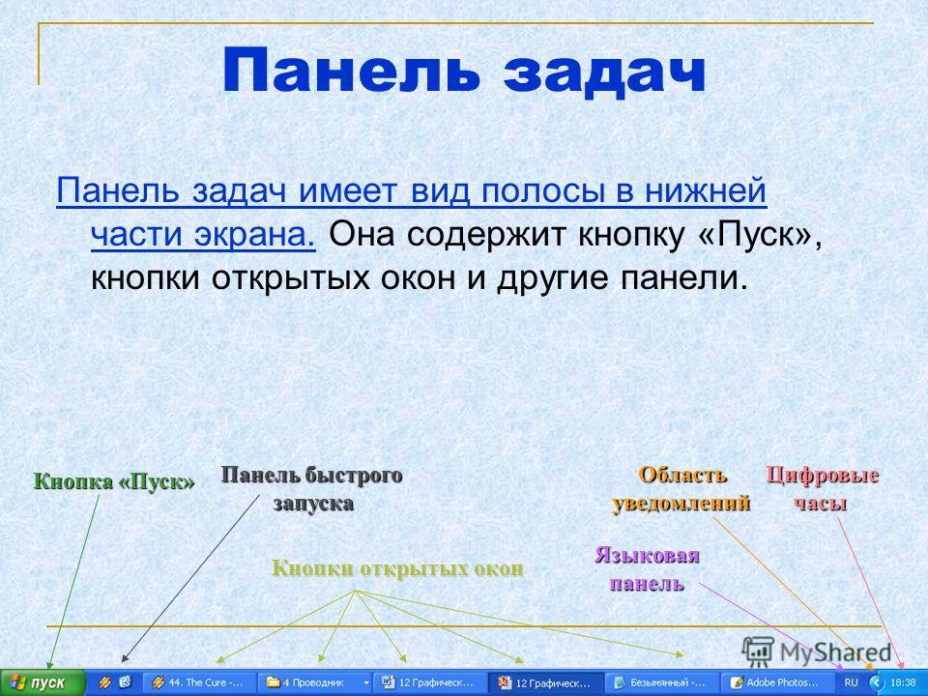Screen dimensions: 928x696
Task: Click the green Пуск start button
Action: click(43, 683)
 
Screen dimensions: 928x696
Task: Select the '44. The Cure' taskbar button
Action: click(200, 683)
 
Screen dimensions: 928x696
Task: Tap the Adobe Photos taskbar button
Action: click(777, 683)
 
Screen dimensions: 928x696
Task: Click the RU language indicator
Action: click(851, 683)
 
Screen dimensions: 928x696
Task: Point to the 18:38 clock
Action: click(903, 683)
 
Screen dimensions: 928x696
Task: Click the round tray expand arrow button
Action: click(877, 683)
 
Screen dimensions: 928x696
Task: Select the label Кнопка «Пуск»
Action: click(114, 481)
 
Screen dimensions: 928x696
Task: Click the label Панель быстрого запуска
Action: click(312, 489)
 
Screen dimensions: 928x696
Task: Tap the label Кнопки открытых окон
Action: click(397, 568)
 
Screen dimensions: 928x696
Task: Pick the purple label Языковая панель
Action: click(648, 569)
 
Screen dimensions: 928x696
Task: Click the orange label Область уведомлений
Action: click(681, 489)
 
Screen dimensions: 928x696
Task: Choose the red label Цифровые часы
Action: click(822, 489)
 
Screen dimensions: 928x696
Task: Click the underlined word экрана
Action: click(254, 235)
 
